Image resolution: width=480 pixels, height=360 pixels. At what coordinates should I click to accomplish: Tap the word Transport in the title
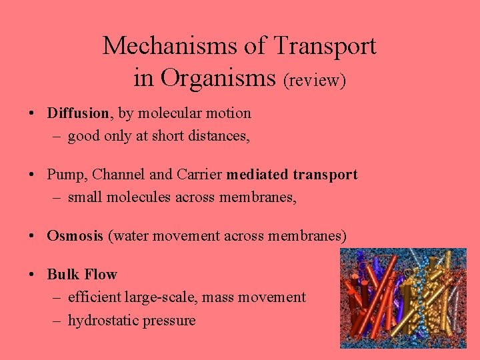pos(326,46)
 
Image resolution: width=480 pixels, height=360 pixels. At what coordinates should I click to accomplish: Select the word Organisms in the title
pos(217,77)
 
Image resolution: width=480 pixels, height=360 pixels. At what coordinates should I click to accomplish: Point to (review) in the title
pos(315,80)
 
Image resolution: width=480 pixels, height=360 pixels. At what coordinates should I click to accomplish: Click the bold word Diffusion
pos(77,113)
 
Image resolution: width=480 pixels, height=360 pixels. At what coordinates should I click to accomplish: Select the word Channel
pos(118,175)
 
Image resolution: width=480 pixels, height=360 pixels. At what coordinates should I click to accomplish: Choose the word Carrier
pos(200,175)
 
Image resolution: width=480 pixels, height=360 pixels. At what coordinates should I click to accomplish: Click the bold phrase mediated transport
pos(292,175)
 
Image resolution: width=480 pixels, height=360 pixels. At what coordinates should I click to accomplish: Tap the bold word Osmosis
pos(75,235)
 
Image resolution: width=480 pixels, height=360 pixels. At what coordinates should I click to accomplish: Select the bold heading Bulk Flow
pos(82,275)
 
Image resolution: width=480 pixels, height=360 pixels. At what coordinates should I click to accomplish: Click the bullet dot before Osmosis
pos(33,235)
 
